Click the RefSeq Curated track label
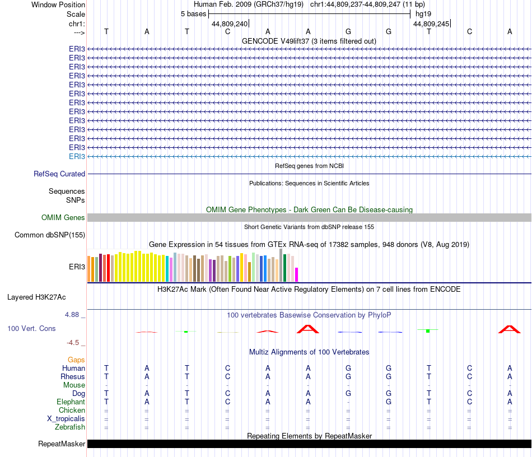[59, 174]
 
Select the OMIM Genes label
[63, 218]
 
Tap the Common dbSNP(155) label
[50, 235]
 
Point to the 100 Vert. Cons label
[31, 329]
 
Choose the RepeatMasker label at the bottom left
[62, 444]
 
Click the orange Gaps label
[76, 360]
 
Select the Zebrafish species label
[70, 427]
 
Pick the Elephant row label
[71, 402]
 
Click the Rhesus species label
[73, 377]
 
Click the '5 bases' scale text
[193, 13]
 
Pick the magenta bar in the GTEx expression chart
[297, 274]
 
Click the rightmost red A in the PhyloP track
[510, 329]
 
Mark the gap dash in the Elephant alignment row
[348, 402]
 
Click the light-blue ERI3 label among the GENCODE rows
[77, 156]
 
